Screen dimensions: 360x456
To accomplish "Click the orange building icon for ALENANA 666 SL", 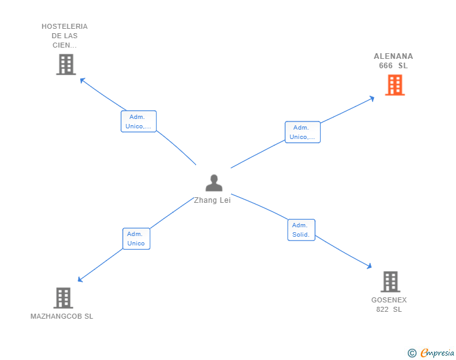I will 395,85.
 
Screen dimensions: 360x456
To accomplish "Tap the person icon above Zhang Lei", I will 214,183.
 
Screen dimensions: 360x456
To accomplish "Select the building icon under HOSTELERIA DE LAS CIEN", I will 66,64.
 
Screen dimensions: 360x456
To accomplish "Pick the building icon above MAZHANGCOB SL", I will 63,298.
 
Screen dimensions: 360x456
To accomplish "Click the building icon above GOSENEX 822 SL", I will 390,282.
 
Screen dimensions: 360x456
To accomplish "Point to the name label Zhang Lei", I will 212,200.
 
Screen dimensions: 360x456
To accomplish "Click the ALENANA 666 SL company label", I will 393,61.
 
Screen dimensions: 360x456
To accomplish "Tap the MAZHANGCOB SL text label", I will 62,316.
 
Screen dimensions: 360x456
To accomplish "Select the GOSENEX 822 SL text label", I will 389,304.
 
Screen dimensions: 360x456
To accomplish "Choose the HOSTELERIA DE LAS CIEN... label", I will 65,36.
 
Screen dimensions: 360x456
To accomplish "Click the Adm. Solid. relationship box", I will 301,230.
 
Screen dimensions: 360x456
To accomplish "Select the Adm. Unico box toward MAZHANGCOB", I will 136,239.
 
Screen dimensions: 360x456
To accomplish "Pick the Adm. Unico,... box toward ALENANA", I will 303,132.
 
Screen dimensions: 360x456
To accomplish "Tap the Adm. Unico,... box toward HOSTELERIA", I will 138,121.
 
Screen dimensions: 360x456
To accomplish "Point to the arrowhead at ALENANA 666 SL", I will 372,98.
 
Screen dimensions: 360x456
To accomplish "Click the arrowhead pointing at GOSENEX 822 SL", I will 369,266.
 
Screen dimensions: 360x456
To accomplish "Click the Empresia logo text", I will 437,353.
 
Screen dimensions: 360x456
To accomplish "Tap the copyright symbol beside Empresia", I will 412,353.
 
